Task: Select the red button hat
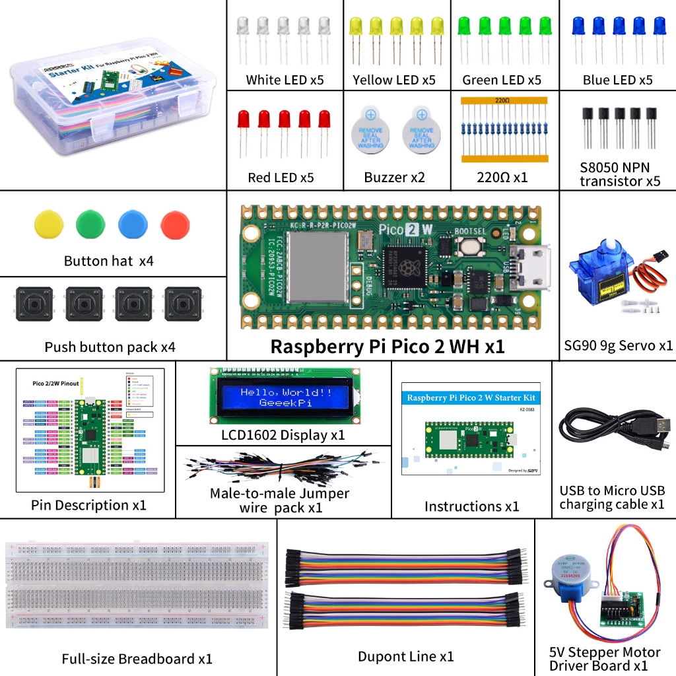click(x=175, y=224)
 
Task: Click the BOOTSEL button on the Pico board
click(x=469, y=247)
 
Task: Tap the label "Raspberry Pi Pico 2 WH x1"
click(x=388, y=347)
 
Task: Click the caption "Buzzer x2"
click(x=395, y=177)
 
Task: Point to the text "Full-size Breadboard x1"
click(x=137, y=659)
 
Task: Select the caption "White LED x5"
click(x=285, y=80)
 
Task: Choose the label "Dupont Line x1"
click(x=405, y=656)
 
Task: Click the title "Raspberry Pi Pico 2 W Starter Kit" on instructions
click(x=471, y=398)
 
